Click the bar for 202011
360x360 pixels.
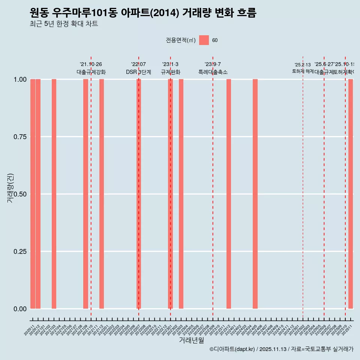pos(33,194)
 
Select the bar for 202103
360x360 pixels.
pos(54,194)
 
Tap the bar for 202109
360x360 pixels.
pos(85,194)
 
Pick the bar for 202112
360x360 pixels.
pos(102,194)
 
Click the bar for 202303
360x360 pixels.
pos(181,194)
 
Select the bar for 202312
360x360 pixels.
pos(229,194)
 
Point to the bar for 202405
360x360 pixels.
pos(255,194)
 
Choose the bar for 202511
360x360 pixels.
pos(351,194)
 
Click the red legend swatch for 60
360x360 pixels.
pos(204,40)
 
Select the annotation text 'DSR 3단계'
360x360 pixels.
pos(138,72)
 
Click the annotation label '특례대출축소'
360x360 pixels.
pos(213,72)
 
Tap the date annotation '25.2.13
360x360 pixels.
pos(303,65)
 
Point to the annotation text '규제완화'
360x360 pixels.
pos(171,72)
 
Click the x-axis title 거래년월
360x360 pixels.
pos(192,340)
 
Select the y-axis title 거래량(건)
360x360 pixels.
pos(10,188)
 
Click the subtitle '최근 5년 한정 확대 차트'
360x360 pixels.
pos(64,24)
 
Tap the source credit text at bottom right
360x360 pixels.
pos(281,349)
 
